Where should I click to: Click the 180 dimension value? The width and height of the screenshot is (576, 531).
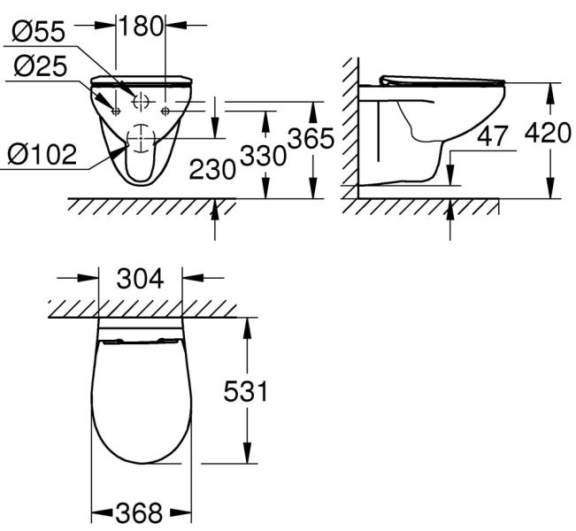[141, 26]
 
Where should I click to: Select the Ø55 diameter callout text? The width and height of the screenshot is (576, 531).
[39, 31]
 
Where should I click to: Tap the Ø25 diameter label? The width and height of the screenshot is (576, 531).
[41, 66]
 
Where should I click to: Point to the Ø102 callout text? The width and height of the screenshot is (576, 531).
[42, 154]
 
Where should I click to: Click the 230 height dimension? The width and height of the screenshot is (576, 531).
[212, 169]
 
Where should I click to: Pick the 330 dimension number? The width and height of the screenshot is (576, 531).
[263, 156]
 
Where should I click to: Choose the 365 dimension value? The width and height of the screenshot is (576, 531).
[311, 139]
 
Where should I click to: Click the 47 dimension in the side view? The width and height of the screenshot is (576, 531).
[492, 135]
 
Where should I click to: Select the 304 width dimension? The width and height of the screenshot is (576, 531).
[141, 279]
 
